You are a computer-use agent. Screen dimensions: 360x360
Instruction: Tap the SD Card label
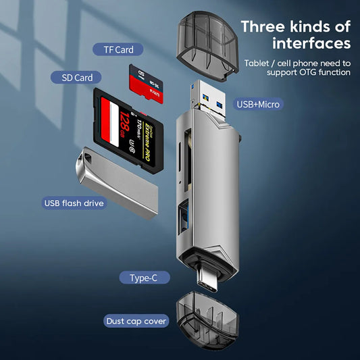[77, 78]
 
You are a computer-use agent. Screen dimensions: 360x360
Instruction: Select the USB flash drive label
[74, 203]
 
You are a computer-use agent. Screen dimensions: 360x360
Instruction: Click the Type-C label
[145, 278]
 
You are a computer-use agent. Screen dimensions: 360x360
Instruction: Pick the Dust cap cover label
[136, 321]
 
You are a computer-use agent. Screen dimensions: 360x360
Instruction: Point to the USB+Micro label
[258, 104]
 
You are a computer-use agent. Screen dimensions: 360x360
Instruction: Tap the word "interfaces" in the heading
[311, 44]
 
